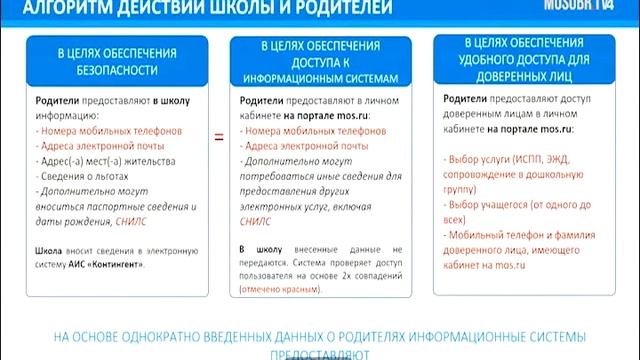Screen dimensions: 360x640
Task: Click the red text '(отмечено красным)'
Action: click(281, 289)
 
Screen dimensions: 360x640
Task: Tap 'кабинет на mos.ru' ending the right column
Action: click(485, 265)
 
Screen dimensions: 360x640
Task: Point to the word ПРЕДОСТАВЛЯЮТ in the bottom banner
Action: click(319, 353)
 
